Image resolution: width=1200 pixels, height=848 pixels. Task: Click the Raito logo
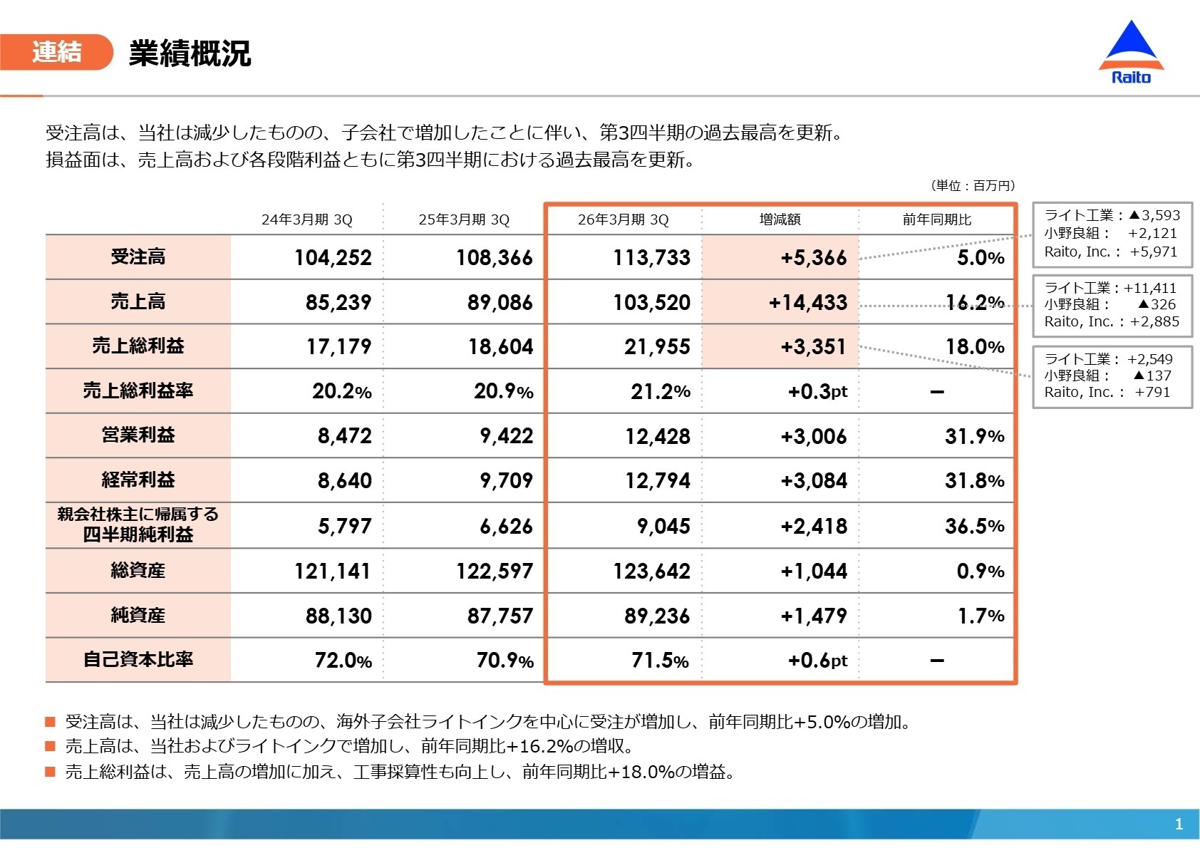1131,53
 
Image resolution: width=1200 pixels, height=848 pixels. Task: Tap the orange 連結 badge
57,52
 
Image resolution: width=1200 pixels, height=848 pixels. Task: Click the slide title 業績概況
190,53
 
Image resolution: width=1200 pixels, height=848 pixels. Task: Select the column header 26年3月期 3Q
623,219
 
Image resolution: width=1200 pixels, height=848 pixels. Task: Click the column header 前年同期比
936,219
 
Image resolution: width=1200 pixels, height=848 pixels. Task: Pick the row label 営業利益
138,435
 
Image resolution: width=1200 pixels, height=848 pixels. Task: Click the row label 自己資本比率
138,659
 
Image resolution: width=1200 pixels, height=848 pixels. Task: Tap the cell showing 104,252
333,257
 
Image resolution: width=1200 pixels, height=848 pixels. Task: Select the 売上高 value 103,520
651,302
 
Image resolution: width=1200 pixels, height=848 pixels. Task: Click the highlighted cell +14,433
807,302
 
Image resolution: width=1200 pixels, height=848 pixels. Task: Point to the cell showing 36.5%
974,526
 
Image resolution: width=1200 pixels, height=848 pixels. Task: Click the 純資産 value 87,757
500,616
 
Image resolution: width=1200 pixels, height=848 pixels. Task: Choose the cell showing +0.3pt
817,391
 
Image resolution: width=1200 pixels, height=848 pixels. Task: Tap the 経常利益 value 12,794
657,480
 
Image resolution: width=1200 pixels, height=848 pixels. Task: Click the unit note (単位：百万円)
972,185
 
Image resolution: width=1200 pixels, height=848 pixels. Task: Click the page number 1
1179,824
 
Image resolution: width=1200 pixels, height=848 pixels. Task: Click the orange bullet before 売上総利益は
50,771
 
